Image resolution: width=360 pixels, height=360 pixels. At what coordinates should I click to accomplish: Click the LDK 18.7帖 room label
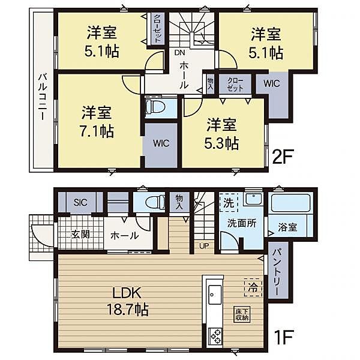tap(128, 301)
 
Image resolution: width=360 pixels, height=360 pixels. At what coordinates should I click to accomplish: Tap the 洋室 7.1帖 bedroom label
tap(97, 121)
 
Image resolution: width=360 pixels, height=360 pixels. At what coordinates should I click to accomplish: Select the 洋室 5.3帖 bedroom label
tap(221, 134)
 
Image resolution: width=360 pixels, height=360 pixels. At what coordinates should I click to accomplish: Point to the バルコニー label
tap(42, 97)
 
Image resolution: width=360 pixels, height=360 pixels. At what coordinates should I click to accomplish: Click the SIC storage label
tap(80, 202)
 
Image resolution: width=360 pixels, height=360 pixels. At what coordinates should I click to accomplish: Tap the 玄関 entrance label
tap(80, 235)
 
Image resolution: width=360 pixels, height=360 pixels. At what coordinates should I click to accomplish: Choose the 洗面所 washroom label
tap(242, 223)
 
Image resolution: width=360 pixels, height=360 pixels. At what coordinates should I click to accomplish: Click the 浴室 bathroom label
tap(287, 227)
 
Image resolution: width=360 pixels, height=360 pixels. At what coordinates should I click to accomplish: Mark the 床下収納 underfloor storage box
tap(242, 314)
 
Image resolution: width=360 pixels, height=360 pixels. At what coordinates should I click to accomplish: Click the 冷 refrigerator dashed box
tap(253, 287)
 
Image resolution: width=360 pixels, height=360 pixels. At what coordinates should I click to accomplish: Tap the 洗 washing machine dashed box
tap(229, 203)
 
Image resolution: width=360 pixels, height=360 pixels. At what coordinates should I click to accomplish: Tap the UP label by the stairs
tap(204, 247)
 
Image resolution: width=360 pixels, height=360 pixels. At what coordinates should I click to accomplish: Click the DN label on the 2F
tap(179, 53)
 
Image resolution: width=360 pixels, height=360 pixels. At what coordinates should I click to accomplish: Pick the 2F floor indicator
tap(282, 157)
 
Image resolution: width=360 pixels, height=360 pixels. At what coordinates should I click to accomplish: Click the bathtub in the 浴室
tap(290, 203)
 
